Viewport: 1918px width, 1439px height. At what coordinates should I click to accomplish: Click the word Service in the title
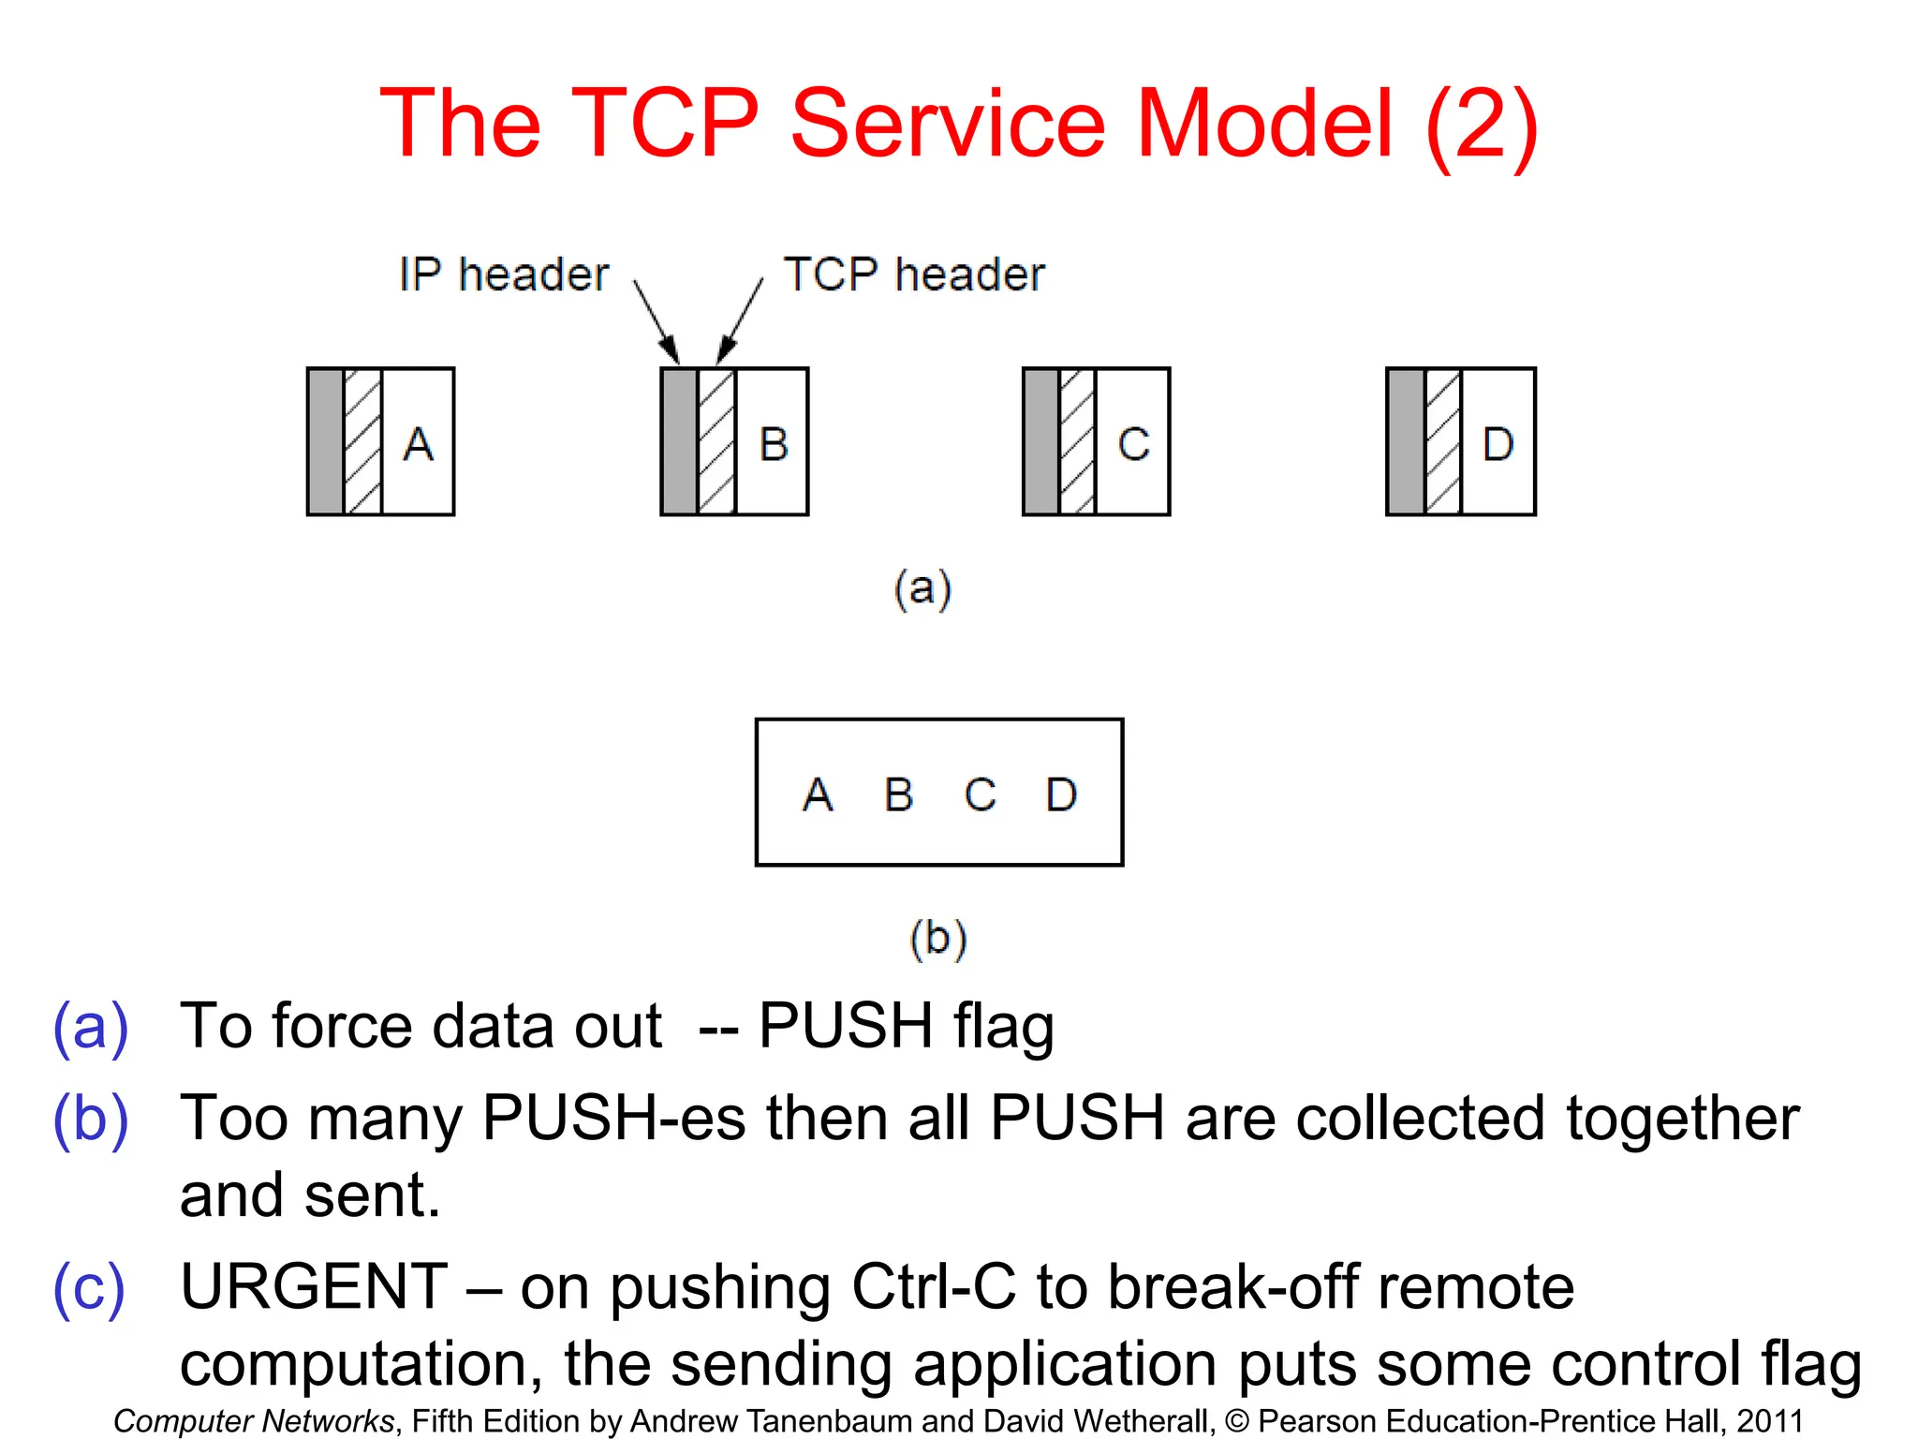(x=948, y=125)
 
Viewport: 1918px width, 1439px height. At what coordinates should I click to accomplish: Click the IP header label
(x=504, y=275)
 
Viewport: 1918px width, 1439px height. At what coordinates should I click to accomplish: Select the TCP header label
(x=914, y=275)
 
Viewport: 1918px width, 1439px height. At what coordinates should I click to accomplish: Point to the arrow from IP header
(x=656, y=322)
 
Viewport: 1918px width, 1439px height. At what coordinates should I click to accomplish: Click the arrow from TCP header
(x=741, y=322)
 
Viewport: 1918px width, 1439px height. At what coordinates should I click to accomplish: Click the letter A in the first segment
(x=419, y=444)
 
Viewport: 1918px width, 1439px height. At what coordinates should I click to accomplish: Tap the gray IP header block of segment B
(x=680, y=442)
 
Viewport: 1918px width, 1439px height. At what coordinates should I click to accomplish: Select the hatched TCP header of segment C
(x=1077, y=442)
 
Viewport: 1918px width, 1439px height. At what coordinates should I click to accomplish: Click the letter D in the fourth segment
(x=1498, y=444)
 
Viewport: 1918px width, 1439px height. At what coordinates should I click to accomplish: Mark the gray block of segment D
(x=1406, y=442)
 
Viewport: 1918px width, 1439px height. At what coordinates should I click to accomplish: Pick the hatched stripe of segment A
(x=363, y=442)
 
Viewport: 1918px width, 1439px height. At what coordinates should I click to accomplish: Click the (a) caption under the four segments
(x=922, y=589)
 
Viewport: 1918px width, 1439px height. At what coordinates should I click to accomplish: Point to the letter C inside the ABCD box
(x=980, y=795)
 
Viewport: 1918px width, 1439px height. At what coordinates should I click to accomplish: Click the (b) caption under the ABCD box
(x=937, y=938)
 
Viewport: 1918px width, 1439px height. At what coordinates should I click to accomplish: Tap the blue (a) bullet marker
(x=91, y=1028)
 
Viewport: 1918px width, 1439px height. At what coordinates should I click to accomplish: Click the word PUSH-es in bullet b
(x=613, y=1119)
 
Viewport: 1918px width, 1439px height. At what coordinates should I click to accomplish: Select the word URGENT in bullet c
(x=315, y=1287)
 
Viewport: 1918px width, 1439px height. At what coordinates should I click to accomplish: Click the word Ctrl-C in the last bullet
(x=934, y=1287)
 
